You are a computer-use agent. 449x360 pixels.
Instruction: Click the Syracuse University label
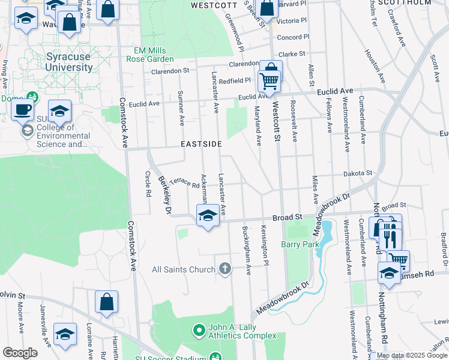click(x=69, y=62)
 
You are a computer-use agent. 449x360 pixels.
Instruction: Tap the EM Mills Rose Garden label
click(x=149, y=55)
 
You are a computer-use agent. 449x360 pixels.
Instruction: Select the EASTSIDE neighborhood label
click(x=202, y=144)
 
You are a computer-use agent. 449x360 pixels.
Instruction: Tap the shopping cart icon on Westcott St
click(x=270, y=80)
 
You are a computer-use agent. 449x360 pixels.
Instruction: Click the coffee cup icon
click(x=23, y=109)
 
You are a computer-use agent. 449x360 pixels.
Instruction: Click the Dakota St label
click(x=358, y=173)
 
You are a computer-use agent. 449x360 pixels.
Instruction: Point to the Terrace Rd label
click(x=184, y=182)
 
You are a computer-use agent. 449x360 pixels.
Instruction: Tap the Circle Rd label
click(x=148, y=185)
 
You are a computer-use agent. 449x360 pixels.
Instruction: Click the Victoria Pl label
click(x=292, y=20)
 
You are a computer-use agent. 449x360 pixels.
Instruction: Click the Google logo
click(x=20, y=353)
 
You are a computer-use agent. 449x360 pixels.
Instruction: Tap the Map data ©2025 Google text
click(x=411, y=355)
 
